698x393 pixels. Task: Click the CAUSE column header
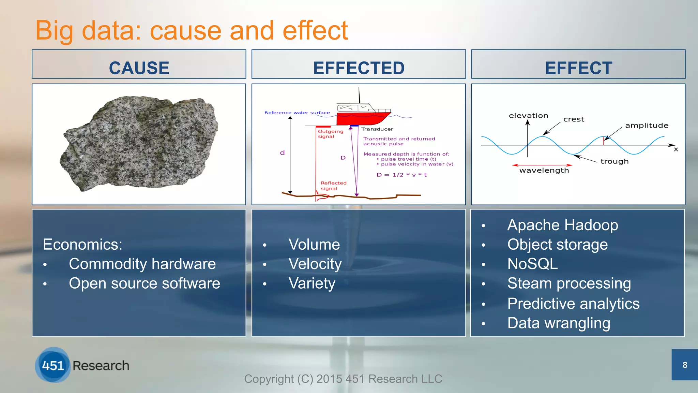(x=139, y=68)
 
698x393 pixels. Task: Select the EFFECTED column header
(x=359, y=68)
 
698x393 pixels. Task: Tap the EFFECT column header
(x=578, y=68)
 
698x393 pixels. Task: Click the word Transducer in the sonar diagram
(x=377, y=129)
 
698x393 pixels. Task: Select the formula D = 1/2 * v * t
(x=401, y=175)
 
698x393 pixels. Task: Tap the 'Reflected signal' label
(x=333, y=186)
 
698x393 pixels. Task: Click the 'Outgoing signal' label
(x=330, y=134)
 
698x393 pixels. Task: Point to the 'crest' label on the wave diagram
(x=574, y=119)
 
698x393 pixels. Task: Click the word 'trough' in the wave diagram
(x=614, y=161)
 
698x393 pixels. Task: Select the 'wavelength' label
(x=544, y=170)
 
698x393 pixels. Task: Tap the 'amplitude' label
(x=647, y=126)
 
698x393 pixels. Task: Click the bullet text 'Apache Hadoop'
(x=562, y=225)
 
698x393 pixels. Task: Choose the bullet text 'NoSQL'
(x=532, y=264)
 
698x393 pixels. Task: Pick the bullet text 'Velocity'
(x=315, y=264)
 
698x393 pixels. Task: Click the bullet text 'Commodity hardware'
(x=142, y=264)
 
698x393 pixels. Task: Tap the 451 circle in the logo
(x=53, y=365)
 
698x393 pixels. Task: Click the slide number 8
(x=685, y=365)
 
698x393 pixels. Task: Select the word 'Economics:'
(x=82, y=244)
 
